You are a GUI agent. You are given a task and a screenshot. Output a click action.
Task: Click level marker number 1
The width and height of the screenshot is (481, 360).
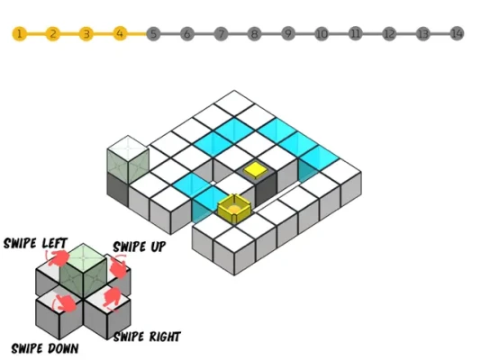(19, 33)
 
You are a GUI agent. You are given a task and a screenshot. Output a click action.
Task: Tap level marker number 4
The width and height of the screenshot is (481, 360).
(121, 33)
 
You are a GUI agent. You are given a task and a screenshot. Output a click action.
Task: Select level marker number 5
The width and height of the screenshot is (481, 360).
(154, 33)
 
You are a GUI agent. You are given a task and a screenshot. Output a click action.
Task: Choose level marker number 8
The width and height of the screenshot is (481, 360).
(255, 33)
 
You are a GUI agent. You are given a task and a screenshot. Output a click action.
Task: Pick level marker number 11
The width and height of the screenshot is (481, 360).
(356, 33)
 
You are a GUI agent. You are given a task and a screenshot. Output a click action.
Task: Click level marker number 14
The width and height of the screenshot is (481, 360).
(457, 33)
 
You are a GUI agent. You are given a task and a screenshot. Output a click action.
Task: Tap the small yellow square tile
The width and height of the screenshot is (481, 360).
(256, 170)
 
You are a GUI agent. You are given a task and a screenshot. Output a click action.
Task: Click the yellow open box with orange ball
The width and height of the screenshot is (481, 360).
(234, 208)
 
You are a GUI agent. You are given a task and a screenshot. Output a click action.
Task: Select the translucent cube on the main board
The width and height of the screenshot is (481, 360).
(128, 160)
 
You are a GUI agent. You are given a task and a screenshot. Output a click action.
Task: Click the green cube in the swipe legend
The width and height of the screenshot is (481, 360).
(83, 271)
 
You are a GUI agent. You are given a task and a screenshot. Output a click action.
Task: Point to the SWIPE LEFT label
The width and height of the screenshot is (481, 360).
(35, 243)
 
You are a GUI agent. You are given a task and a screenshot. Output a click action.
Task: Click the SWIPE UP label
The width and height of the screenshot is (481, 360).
(140, 247)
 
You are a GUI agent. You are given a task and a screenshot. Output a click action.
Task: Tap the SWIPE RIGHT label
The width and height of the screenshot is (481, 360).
(147, 337)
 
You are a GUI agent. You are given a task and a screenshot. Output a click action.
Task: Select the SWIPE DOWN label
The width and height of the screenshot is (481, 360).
(45, 348)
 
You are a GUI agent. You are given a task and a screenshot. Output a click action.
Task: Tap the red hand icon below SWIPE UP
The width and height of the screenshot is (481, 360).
(118, 267)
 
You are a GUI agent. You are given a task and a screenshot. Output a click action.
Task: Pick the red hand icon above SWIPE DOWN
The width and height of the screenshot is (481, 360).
(65, 303)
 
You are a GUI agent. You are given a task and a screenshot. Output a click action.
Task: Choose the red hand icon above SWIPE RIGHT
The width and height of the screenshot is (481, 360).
(112, 298)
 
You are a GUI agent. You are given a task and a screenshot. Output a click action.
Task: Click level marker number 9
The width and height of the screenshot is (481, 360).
(288, 33)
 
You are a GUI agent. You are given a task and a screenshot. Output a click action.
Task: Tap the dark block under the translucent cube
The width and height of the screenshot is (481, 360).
(117, 190)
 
